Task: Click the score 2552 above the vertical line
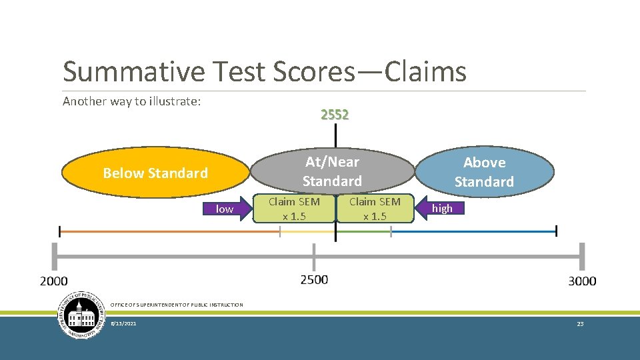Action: [335, 115]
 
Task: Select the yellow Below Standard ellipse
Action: [155, 173]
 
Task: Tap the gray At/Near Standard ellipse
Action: [332, 171]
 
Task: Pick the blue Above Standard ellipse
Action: [484, 172]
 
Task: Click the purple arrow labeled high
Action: [440, 209]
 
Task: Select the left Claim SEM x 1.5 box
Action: [294, 209]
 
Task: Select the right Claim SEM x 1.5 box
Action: [375, 209]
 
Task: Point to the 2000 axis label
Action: [54, 281]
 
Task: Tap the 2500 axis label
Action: [314, 279]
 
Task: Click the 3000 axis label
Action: [582, 281]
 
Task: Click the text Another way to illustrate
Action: [132, 101]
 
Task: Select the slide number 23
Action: [580, 324]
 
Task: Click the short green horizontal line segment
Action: [363, 231]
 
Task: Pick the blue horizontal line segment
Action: [473, 231]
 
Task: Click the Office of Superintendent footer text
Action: [177, 305]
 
